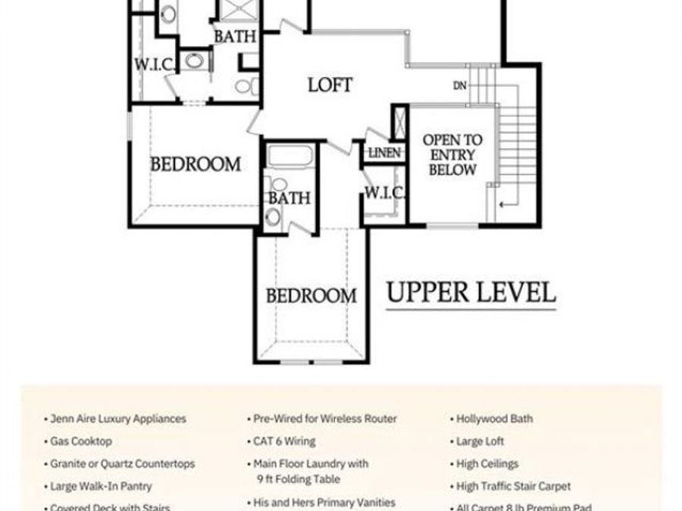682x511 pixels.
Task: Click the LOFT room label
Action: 330,84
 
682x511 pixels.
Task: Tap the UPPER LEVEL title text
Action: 471,292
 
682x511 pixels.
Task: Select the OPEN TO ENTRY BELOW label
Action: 452,155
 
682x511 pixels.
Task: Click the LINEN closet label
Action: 384,153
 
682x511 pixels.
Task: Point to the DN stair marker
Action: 460,86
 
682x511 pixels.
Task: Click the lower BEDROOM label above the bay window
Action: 311,295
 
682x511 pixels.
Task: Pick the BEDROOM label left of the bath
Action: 196,164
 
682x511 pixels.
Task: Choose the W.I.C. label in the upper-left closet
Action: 155,64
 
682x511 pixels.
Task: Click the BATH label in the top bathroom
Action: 234,36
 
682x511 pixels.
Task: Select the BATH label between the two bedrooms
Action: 289,198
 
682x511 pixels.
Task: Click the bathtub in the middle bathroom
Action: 290,157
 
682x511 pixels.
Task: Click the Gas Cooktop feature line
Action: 81,441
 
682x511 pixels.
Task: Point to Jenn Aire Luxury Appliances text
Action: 117,418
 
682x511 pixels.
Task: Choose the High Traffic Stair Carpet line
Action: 514,486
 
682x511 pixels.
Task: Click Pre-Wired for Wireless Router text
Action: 325,418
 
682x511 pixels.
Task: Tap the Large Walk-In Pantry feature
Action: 101,486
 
